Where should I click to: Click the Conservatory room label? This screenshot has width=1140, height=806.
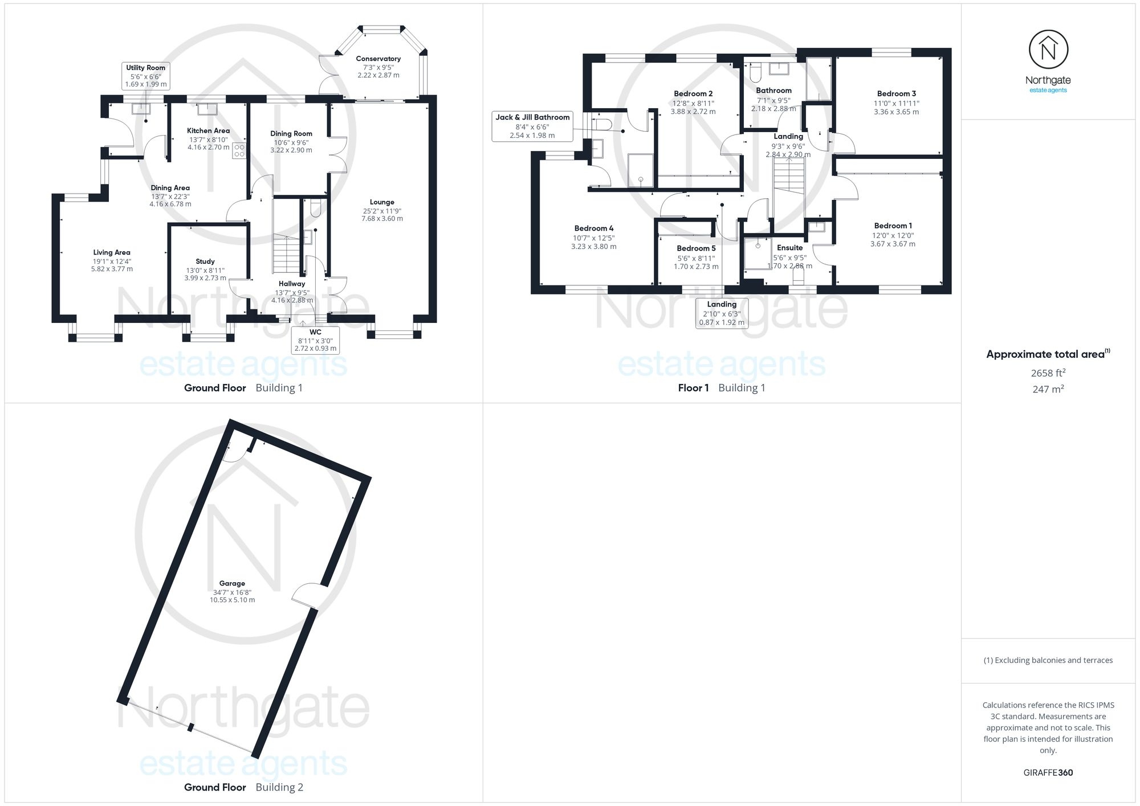(378, 59)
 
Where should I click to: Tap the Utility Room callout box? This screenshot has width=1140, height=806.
(146, 76)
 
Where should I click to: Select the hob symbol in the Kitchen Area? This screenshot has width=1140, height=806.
(239, 150)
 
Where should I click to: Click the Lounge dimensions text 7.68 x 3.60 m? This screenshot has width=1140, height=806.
(382, 219)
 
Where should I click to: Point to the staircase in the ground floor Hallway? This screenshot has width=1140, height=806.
(286, 253)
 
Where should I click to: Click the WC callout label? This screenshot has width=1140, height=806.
(315, 340)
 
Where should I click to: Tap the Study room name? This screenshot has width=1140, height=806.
(205, 261)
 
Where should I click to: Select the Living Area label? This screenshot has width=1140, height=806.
(112, 252)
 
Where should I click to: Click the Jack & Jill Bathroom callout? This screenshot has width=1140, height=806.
(532, 126)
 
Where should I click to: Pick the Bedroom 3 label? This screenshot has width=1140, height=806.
(896, 94)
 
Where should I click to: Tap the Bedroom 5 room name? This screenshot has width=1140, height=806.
(696, 248)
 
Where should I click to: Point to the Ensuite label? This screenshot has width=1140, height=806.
(789, 248)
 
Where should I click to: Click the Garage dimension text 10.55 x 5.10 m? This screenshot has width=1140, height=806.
(232, 600)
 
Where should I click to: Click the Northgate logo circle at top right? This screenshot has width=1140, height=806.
(1048, 50)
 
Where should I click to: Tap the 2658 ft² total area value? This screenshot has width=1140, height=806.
(1048, 373)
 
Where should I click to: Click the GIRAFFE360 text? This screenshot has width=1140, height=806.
(1048, 773)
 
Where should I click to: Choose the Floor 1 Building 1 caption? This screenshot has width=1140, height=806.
(721, 388)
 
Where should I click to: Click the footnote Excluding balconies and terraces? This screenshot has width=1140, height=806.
(1048, 661)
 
